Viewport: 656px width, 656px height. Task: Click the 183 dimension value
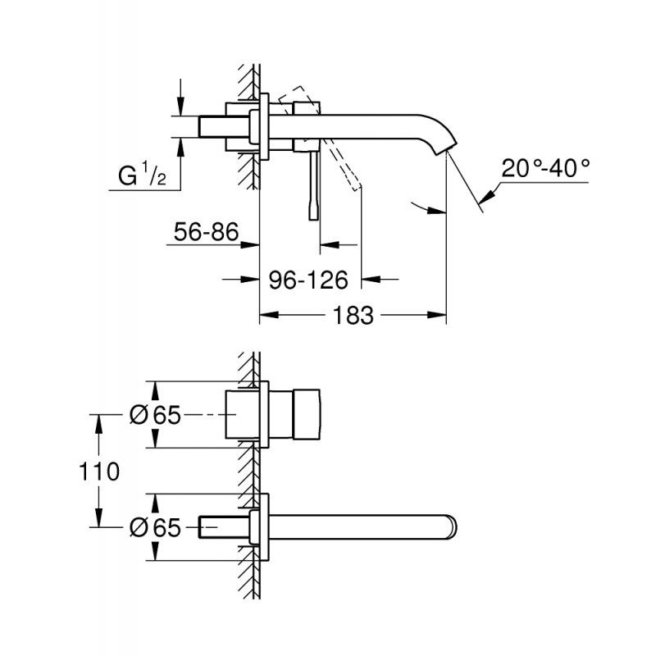point(353,316)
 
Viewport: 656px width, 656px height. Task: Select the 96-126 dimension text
point(308,280)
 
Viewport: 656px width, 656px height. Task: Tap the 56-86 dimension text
point(207,232)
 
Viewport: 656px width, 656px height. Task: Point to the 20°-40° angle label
point(545,168)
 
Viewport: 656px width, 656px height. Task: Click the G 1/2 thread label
point(142,174)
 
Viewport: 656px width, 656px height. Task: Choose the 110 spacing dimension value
point(99,471)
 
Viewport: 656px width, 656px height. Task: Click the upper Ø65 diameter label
point(155,415)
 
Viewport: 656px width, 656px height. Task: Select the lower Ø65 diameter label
point(155,527)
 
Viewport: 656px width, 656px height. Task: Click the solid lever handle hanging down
point(314,185)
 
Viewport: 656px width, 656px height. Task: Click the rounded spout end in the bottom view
point(451,526)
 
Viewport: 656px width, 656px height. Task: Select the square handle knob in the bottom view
point(306,415)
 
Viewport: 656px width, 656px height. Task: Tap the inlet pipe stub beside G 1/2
point(224,126)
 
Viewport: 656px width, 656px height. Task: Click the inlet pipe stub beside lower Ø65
point(224,526)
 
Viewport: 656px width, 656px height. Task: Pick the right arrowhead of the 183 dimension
point(437,315)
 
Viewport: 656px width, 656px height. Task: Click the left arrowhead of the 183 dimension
point(270,315)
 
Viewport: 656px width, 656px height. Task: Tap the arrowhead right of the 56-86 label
point(250,244)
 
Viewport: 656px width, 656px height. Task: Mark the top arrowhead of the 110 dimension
point(99,424)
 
